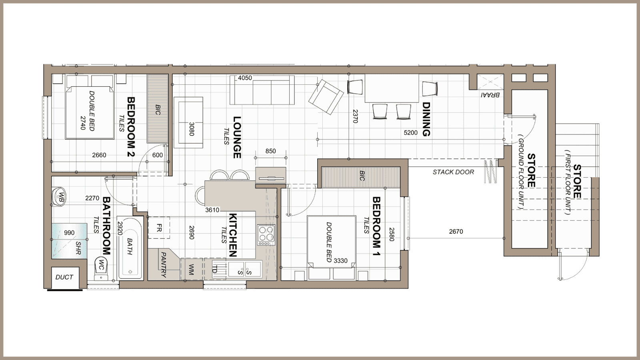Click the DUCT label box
tap(64, 277)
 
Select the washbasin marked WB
tap(60, 197)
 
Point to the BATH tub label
tap(130, 247)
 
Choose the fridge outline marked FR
tap(159, 228)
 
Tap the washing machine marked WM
tap(192, 269)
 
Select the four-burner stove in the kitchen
tap(266, 235)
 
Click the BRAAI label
tap(490, 95)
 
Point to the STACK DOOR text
tap(453, 172)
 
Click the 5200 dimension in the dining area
tap(410, 133)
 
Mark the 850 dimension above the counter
tap(270, 151)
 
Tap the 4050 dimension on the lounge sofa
tap(245, 78)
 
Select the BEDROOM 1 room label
tap(376, 226)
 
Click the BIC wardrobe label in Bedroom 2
tap(158, 110)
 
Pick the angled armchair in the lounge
tap(326, 96)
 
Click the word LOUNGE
tap(237, 137)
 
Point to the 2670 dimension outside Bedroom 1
tap(456, 231)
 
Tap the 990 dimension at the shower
tap(69, 233)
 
